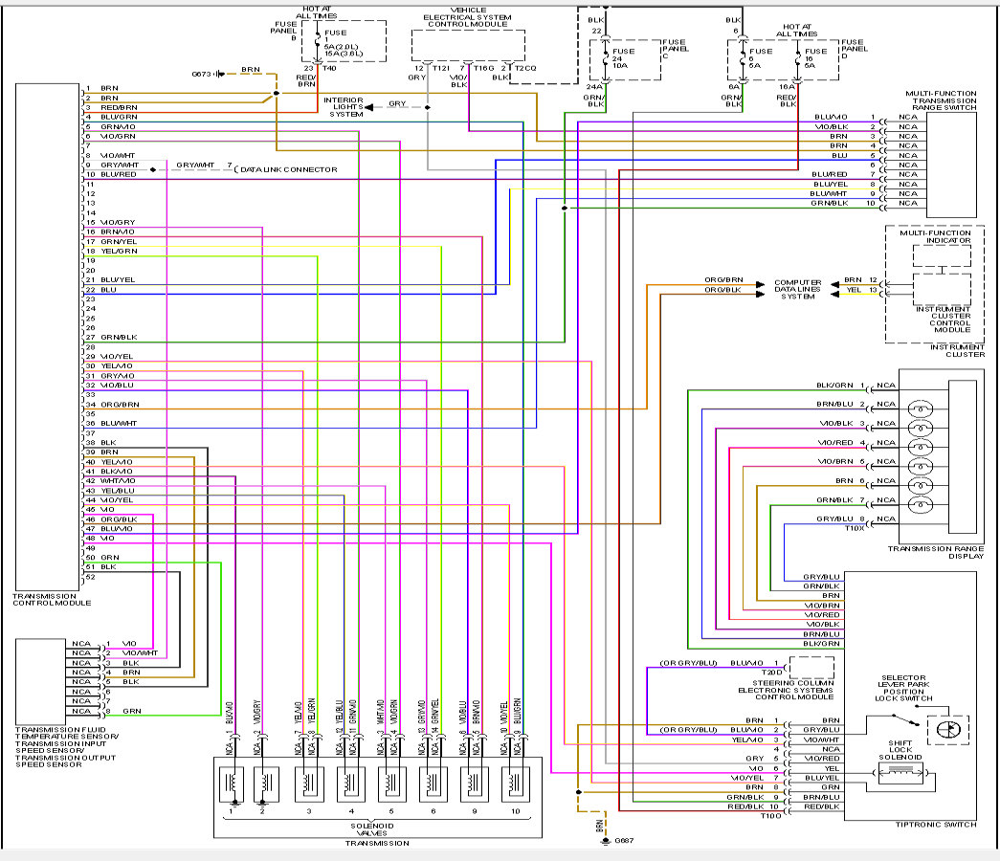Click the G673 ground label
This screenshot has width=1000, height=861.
click(x=203, y=73)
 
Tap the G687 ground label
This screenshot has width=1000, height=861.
click(x=624, y=840)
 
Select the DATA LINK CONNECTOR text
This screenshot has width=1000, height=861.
click(x=289, y=169)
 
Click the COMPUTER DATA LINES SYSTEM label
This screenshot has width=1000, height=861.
click(x=797, y=290)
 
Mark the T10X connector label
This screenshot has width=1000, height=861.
click(x=855, y=527)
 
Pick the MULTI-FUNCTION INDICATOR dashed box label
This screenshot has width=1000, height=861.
click(x=935, y=236)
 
